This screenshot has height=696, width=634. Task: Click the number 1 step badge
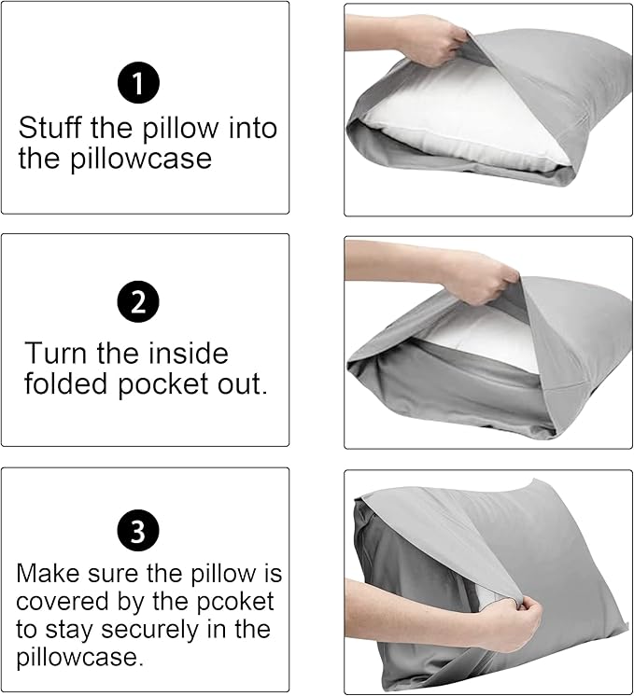138,84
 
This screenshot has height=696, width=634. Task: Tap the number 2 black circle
138,301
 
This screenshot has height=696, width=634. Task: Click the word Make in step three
46,573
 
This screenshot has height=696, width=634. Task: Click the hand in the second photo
476,275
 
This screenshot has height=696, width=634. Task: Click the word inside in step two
182,354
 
